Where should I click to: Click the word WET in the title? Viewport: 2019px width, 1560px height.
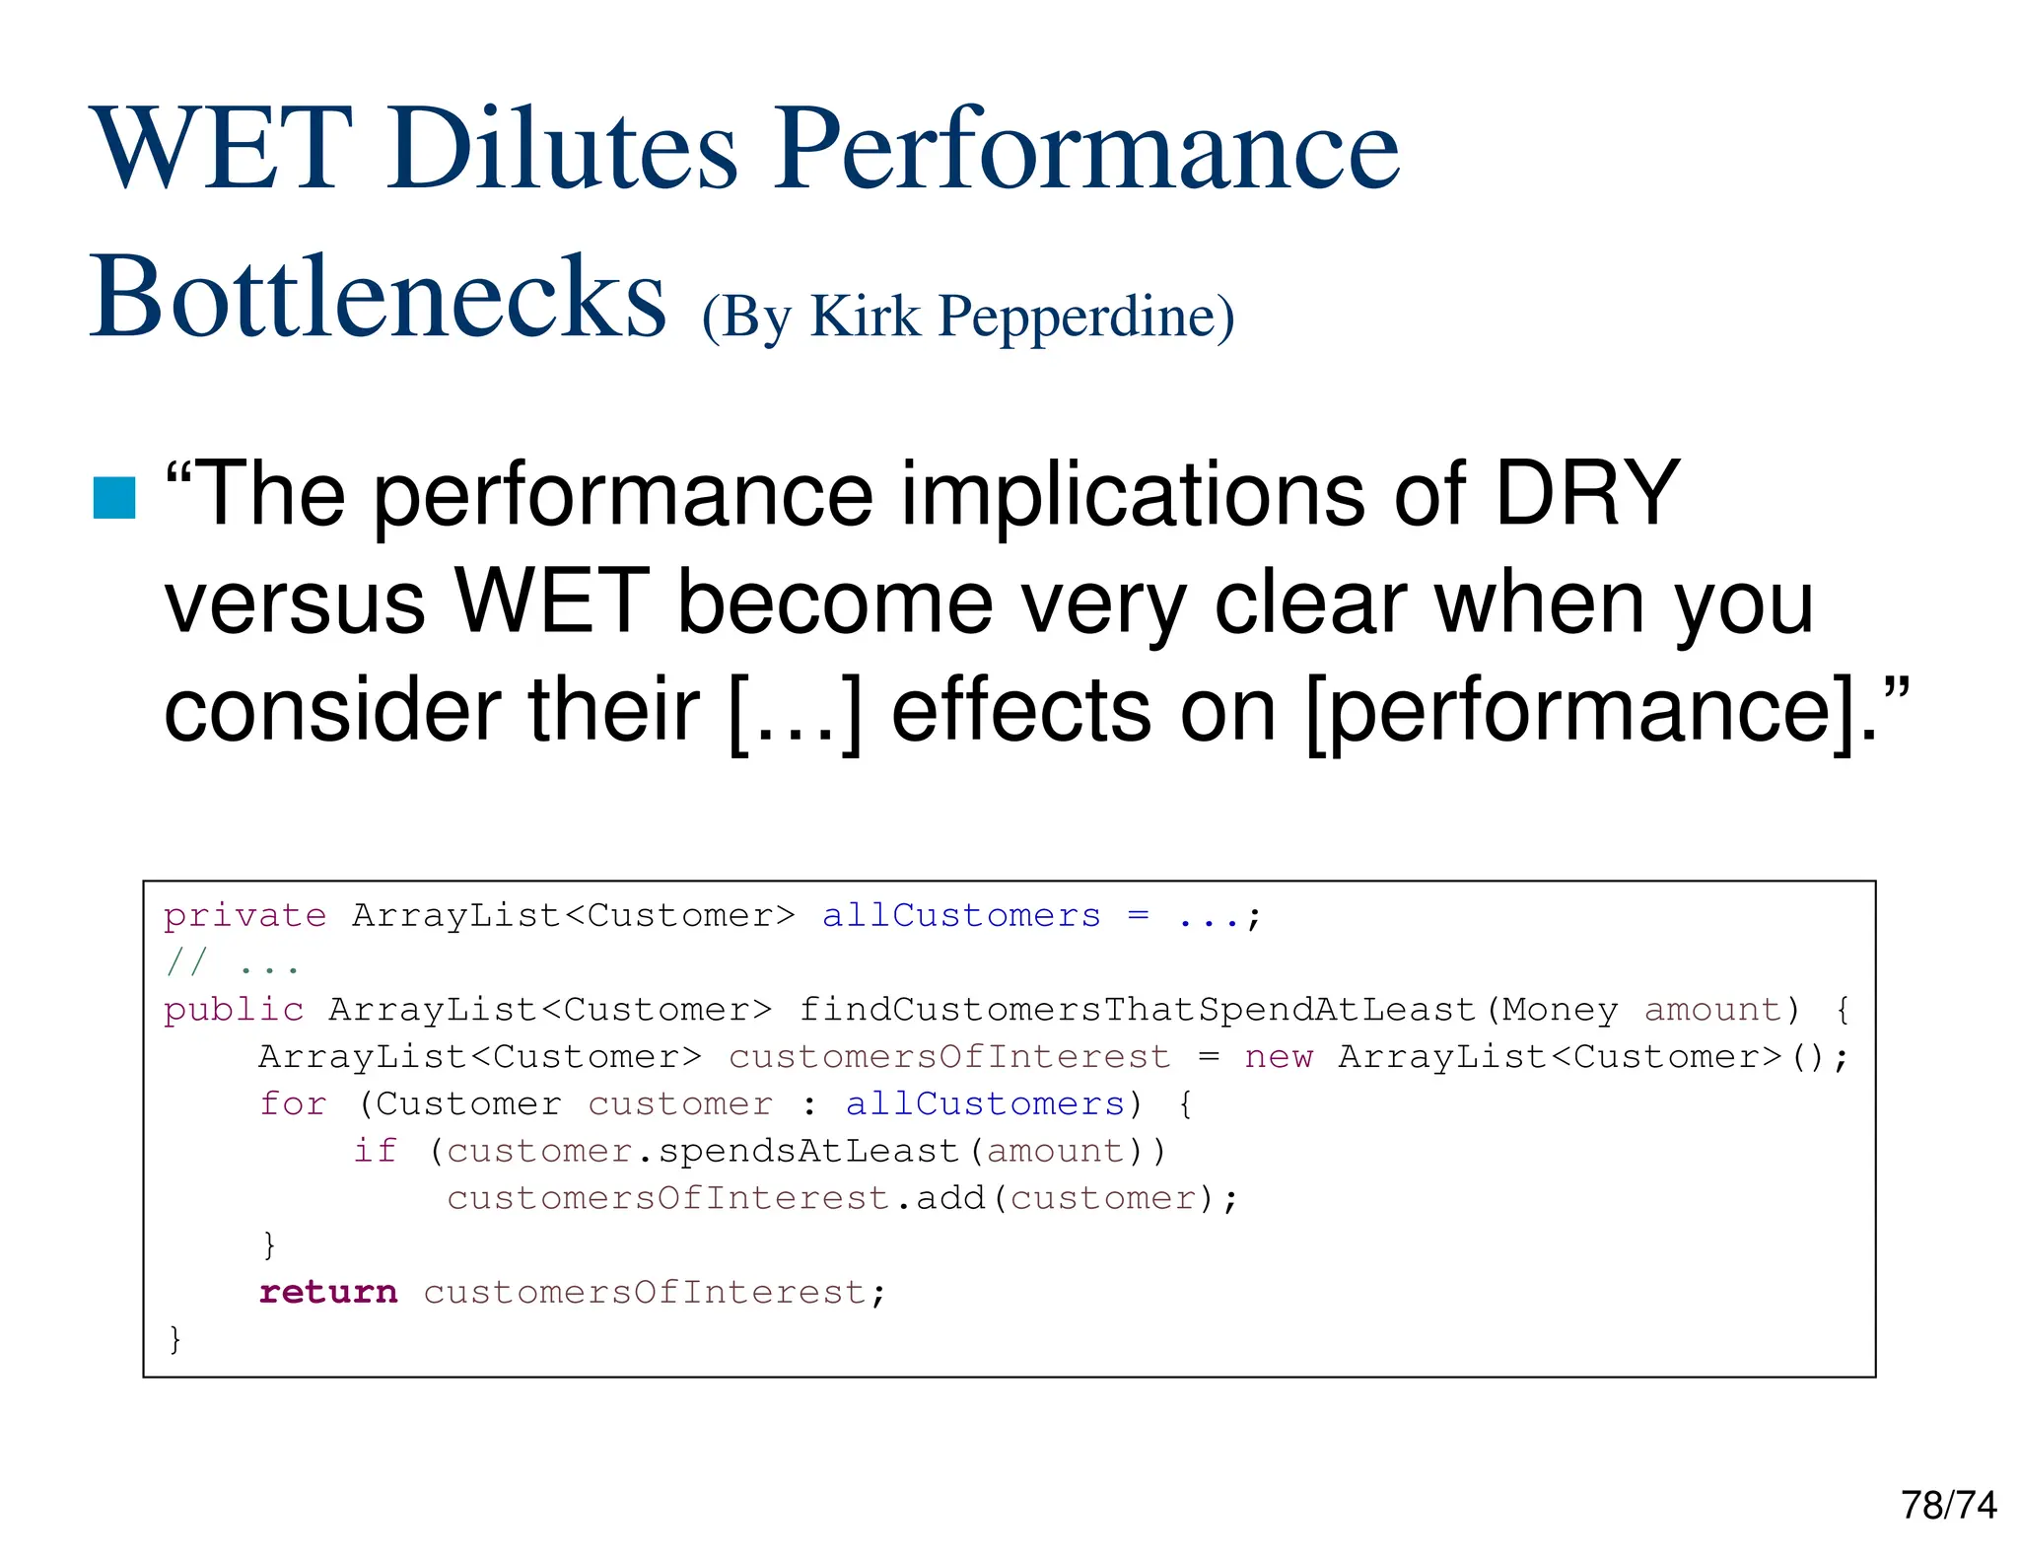[x=222, y=149]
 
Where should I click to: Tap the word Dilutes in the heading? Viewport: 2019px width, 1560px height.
[x=562, y=149]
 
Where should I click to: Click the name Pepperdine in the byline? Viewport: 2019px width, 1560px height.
[x=1084, y=318]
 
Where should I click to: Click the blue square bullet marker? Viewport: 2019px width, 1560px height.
[x=114, y=497]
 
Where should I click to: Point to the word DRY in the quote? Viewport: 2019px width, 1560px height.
[x=1586, y=493]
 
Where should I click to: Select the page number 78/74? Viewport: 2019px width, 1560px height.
[x=1948, y=1505]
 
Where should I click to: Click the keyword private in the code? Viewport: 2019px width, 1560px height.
[x=244, y=916]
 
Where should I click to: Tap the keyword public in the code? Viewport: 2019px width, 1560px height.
[x=234, y=1010]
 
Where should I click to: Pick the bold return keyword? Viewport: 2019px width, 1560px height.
[x=328, y=1292]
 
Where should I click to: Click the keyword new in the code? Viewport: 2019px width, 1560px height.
[x=1279, y=1057]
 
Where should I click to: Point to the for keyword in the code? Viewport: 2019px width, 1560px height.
[x=293, y=1103]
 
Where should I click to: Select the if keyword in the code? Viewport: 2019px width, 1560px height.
[x=375, y=1151]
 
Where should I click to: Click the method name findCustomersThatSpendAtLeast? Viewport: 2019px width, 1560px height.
[x=1137, y=1010]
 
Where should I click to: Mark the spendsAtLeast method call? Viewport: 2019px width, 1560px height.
[x=808, y=1151]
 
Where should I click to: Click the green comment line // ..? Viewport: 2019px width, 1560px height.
[x=233, y=963]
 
